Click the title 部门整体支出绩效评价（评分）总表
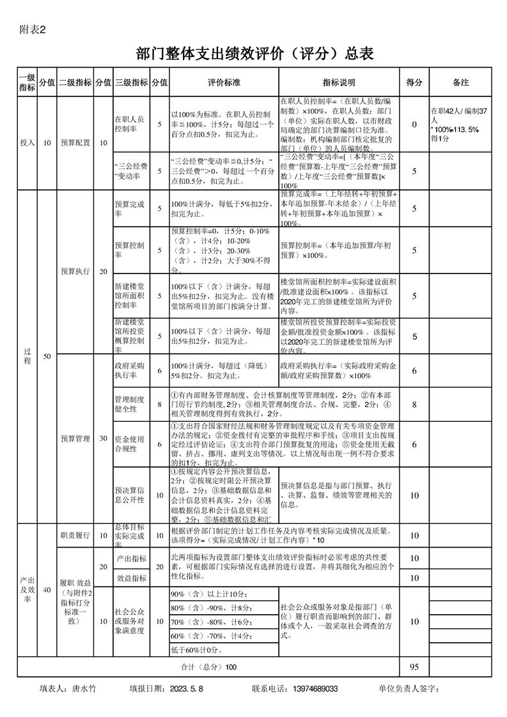(x=254, y=54)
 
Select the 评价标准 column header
(x=224, y=82)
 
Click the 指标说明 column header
(x=339, y=82)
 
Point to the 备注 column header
(x=460, y=82)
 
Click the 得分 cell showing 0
(x=414, y=125)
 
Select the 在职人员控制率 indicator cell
(x=131, y=124)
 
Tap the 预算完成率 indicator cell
(x=131, y=209)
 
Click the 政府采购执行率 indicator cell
(x=131, y=371)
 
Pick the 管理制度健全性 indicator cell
(x=131, y=404)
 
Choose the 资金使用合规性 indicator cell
(x=131, y=444)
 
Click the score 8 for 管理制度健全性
(x=414, y=404)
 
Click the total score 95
(x=414, y=667)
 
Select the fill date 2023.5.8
(x=187, y=689)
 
